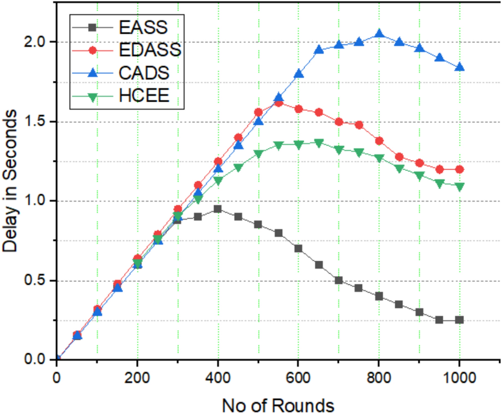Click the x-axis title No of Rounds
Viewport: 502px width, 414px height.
[278, 405]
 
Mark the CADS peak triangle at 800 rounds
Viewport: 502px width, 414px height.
[379, 34]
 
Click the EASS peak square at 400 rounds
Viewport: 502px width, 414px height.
[218, 209]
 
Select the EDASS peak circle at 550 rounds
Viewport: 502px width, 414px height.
[278, 103]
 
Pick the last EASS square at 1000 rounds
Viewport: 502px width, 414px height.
[459, 320]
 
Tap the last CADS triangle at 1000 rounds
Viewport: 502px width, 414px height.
[459, 67]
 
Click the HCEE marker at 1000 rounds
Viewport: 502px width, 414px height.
[459, 187]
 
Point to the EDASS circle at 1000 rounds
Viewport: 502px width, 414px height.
[459, 169]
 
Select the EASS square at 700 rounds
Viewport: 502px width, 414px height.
[339, 280]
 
